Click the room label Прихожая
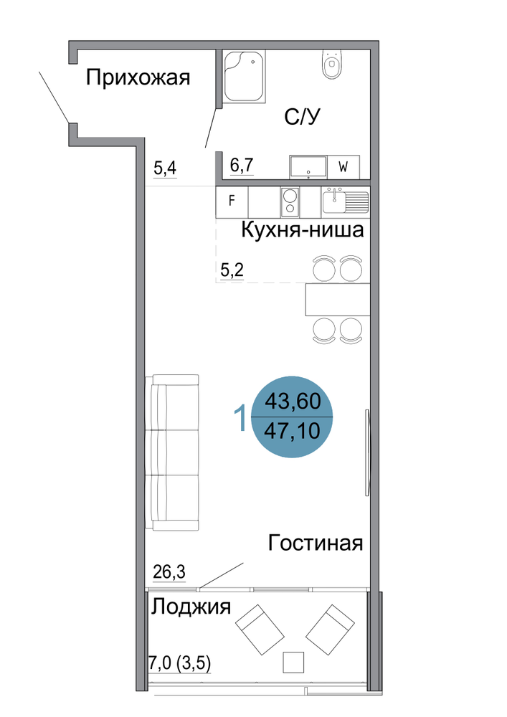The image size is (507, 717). [x=138, y=78]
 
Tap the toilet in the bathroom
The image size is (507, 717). [x=331, y=64]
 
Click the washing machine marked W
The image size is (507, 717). [x=343, y=167]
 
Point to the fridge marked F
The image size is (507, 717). [x=232, y=201]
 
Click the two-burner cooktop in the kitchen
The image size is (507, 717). [x=290, y=203]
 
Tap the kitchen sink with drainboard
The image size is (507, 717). [x=345, y=201]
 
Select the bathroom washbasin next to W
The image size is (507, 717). [x=308, y=167]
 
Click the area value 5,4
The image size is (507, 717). [x=165, y=168]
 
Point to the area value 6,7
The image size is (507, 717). [x=242, y=165]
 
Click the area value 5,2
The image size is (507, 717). [x=232, y=270]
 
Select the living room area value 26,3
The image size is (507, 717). [x=169, y=571]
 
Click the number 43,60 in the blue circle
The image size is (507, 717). [x=293, y=401]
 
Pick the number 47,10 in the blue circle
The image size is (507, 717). [x=292, y=431]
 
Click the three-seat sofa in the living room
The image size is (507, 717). [x=172, y=452]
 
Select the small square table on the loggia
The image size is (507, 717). [x=293, y=663]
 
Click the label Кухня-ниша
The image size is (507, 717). [x=302, y=229]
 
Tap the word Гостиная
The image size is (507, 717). [x=316, y=543]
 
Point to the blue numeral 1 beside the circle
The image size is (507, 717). [x=240, y=417]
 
